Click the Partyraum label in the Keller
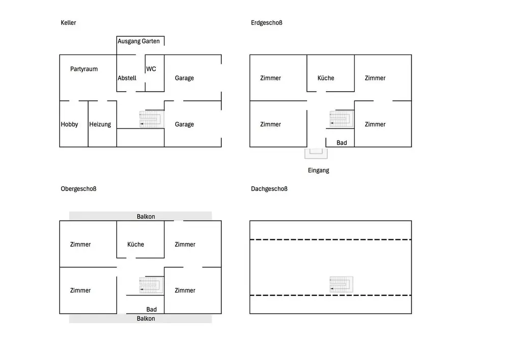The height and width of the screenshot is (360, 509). pos(84,69)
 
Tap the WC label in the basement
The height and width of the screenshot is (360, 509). pos(151,69)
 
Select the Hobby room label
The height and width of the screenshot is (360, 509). pos(69,124)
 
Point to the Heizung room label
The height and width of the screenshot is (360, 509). pos(100,124)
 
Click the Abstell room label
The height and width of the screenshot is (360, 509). pos(127,78)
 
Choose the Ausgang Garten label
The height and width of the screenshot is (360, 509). pos(138,41)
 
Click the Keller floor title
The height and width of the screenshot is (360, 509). pos(68,23)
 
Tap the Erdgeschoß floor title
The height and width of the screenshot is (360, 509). pos(266,23)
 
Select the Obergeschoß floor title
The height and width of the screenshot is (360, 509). pos(78,189)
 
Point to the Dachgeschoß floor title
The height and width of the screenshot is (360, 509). pos(269,189)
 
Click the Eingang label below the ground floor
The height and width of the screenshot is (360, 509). pos(319,171)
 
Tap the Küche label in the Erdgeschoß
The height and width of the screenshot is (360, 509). pos(326,78)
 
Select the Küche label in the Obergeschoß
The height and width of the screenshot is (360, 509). pos(135,244)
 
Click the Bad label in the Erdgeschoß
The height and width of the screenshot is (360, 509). pos(342,143)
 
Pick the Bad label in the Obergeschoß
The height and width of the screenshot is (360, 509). pos(151,309)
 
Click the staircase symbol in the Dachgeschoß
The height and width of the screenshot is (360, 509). pos(341,284)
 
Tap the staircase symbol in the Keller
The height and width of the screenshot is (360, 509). pos(152,120)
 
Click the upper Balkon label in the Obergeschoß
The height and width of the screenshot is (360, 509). pos(146,216)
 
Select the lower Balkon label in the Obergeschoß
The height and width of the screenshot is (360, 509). pos(146,318)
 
